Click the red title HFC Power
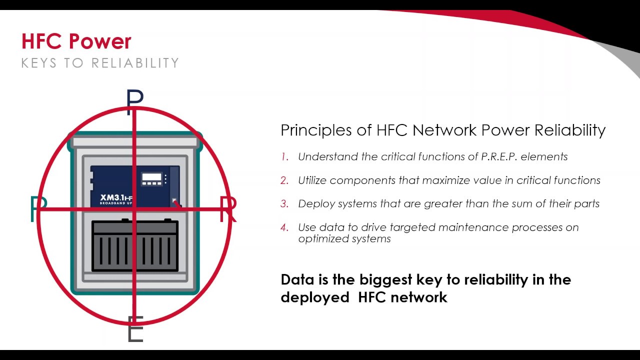(76, 41)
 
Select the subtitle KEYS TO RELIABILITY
(100, 63)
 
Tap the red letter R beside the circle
(228, 208)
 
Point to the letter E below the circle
(135, 328)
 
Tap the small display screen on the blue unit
(151, 177)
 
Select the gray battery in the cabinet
(135, 245)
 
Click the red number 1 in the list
(285, 157)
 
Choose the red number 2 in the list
(285, 180)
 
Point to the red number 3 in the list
(285, 204)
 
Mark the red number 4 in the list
(285, 227)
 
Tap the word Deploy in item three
(313, 204)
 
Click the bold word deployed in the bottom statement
(315, 297)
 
